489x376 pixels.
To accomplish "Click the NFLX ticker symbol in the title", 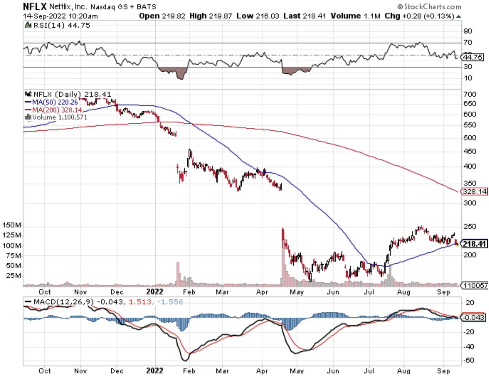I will (35, 6).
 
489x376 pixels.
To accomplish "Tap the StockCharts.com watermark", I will (429, 7).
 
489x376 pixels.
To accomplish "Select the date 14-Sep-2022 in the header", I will (44, 16).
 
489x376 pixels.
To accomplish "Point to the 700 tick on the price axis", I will (470, 94).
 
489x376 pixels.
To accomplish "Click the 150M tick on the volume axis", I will (12, 225).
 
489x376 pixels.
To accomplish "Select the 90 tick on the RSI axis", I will (468, 31).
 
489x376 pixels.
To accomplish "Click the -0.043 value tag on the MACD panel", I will (474, 317).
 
